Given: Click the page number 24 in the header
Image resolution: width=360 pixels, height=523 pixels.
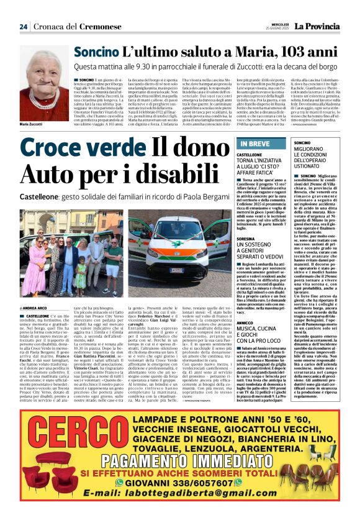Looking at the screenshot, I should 23,27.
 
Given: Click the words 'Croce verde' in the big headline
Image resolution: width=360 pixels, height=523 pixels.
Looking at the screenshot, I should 74,149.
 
